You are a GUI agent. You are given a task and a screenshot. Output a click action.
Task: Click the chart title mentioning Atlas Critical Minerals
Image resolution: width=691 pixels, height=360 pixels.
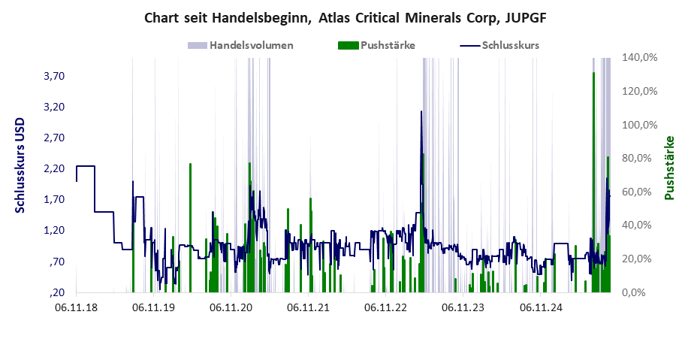click(345, 16)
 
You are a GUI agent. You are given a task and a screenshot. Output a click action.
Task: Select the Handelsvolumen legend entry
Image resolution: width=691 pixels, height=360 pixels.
click(251, 45)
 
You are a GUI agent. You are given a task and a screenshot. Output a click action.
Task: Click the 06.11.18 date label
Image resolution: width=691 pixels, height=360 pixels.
click(75, 307)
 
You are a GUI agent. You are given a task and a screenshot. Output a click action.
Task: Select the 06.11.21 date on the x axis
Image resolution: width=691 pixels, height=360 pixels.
click(308, 307)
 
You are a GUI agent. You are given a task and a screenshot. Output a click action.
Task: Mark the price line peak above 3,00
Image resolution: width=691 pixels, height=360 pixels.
click(421, 112)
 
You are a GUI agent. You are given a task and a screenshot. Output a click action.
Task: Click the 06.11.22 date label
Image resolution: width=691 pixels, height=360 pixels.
click(385, 307)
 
